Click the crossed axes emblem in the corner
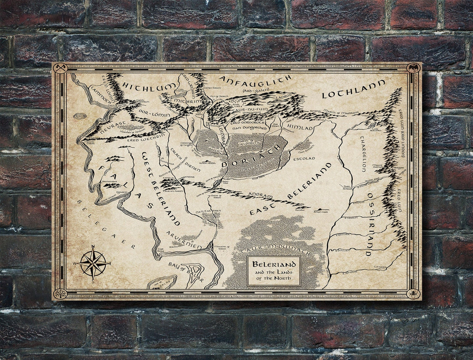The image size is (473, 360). pyautogui.click(x=60, y=68)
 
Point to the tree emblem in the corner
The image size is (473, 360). pyautogui.click(x=60, y=293)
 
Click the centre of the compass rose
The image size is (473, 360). pyautogui.click(x=93, y=263)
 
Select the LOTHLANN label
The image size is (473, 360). pyautogui.click(x=353, y=90)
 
